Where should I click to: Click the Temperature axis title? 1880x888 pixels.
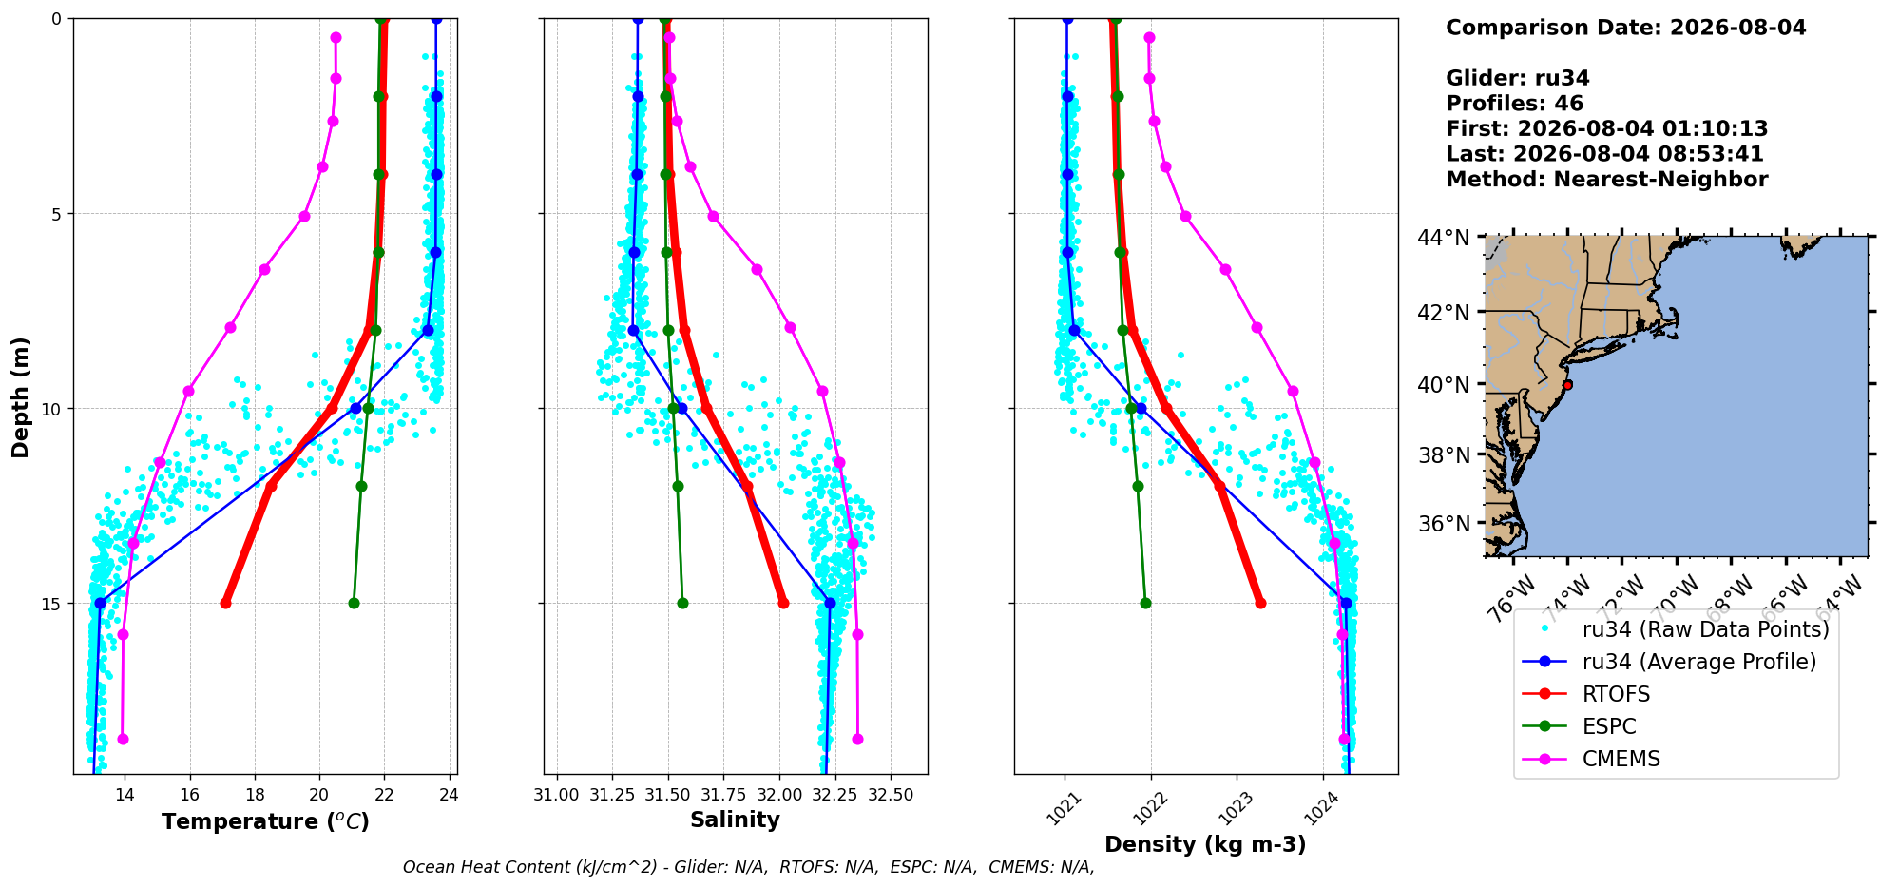point(265,821)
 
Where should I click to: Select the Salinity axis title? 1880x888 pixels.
point(735,820)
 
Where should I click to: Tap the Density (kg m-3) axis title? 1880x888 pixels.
point(1205,844)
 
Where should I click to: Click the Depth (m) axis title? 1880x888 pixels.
point(20,396)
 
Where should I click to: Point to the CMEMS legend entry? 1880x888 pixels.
point(1621,759)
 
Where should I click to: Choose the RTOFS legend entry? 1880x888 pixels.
point(1616,694)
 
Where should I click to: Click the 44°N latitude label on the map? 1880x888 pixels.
point(1443,238)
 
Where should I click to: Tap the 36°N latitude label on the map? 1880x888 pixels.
point(1443,524)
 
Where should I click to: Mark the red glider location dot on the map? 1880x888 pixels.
point(1567,385)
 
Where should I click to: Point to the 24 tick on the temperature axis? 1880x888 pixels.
point(450,795)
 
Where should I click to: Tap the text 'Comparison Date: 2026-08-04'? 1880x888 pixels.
point(1625,28)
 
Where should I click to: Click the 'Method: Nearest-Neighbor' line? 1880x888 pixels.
point(1606,179)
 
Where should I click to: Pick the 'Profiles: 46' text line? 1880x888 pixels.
point(1514,104)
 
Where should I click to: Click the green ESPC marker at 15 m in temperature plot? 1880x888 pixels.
point(354,603)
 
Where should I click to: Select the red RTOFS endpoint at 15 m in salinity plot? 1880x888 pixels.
point(783,603)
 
